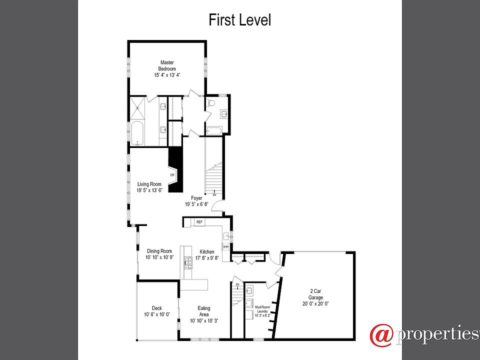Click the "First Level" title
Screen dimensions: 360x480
(239, 20)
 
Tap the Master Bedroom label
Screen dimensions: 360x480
(167, 65)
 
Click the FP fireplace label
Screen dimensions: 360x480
(172, 175)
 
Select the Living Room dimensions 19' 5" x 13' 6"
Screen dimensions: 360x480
(149, 190)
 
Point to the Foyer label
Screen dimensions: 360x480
(196, 198)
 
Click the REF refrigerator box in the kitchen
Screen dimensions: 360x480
(199, 222)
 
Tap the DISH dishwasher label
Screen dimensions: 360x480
(225, 247)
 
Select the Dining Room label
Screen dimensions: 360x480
(159, 251)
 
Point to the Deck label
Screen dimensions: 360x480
(157, 308)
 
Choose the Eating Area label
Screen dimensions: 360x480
(203, 311)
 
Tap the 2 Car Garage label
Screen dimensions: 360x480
(315, 297)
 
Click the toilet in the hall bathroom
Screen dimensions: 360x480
(211, 103)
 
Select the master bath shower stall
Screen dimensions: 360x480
(137, 106)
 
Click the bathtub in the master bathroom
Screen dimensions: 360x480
(137, 133)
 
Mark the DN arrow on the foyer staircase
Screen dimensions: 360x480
(214, 194)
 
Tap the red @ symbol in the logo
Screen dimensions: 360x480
(381, 334)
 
